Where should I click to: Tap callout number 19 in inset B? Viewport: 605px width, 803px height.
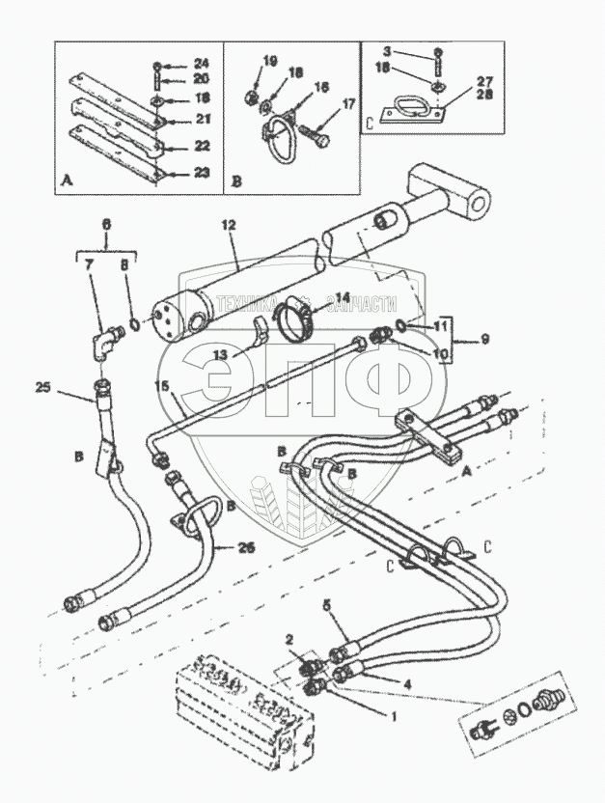click(x=269, y=61)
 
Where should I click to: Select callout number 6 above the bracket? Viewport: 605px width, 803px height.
click(x=106, y=223)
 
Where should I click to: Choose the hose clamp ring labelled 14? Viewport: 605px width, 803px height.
click(x=295, y=323)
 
